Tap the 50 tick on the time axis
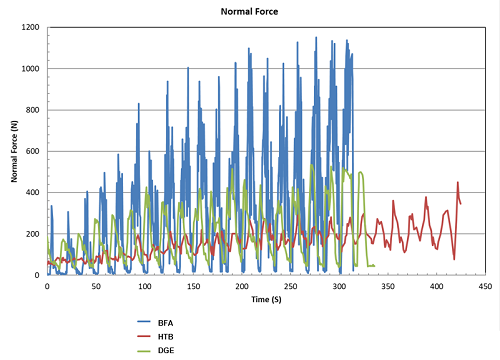(x=96, y=285)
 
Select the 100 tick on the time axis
(x=144, y=285)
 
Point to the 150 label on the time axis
(x=193, y=285)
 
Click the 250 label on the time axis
(x=290, y=285)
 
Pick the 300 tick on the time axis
(x=339, y=285)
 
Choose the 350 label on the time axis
(x=387, y=285)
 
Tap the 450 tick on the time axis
(x=484, y=285)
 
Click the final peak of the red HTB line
(x=457, y=183)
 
